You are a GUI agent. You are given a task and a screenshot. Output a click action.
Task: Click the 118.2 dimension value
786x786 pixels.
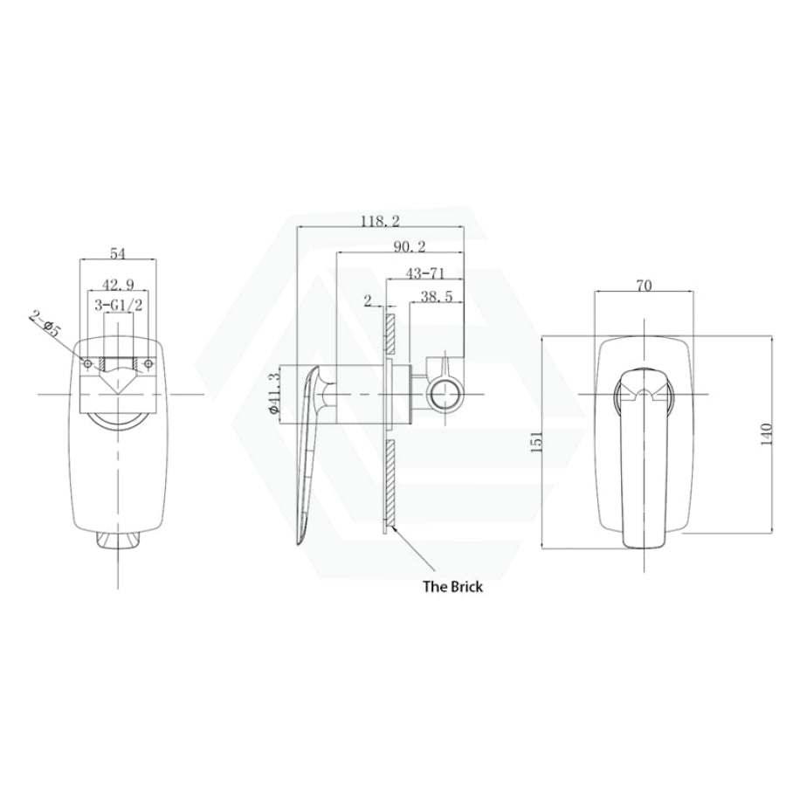tap(381, 221)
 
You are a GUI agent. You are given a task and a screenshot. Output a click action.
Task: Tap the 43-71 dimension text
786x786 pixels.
tap(424, 273)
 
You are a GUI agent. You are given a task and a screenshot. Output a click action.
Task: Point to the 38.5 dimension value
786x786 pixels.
tap(436, 297)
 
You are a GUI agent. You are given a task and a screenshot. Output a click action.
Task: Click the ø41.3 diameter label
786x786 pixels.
tap(273, 393)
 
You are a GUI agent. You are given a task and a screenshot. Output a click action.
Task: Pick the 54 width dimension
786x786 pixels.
tap(117, 253)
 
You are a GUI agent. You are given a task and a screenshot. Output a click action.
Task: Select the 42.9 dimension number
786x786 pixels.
tap(118, 286)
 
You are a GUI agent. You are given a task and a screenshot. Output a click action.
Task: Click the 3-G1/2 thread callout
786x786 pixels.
tap(118, 305)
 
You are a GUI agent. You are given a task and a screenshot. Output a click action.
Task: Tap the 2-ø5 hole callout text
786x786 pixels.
tap(45, 324)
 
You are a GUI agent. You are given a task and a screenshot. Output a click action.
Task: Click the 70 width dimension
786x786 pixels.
tap(645, 286)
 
